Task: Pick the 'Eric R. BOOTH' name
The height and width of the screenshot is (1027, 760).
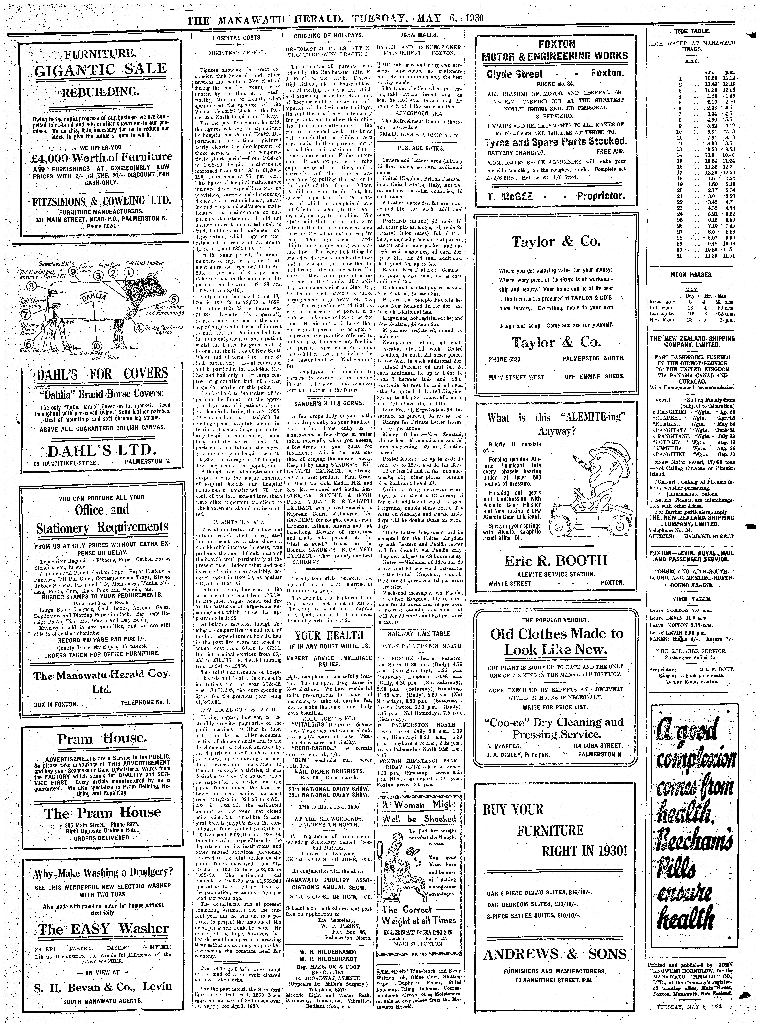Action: tap(556, 560)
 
